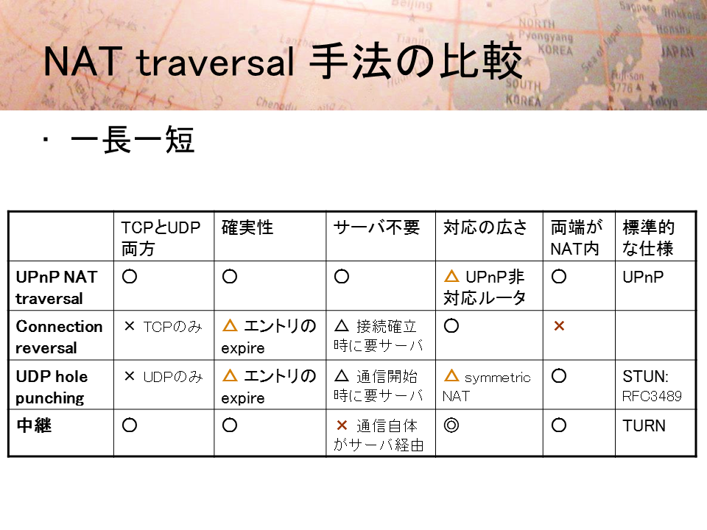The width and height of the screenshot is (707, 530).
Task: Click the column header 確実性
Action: coord(247,227)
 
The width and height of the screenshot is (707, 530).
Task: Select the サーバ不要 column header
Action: coord(376,227)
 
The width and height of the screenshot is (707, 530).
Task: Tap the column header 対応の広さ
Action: coord(485,227)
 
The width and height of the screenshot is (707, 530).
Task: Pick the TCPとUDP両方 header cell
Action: coord(161,238)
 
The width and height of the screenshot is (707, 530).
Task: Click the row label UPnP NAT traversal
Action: coord(57,288)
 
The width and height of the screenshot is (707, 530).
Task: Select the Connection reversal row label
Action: coord(59,337)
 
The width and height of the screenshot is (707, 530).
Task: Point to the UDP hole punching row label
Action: coord(52,387)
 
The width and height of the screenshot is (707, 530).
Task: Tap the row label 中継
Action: coord(34,425)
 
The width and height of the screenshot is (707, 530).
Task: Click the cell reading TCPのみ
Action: coord(163,327)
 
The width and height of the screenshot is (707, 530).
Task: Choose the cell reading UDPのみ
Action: coord(163,377)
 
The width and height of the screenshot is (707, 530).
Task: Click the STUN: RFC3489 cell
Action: coord(652,386)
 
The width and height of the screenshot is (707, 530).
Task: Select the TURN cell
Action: coord(644,426)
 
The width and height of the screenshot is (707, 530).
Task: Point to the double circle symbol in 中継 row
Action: coord(451,425)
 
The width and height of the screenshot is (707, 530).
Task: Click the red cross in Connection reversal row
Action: coord(559,326)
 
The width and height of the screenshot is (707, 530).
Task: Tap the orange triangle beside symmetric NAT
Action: coord(451,375)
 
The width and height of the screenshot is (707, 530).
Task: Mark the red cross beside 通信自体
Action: coord(342,425)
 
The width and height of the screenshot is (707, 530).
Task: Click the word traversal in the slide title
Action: coord(216,62)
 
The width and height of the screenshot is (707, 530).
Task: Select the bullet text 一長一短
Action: coord(132,140)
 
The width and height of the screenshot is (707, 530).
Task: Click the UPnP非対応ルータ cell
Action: coord(485,287)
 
